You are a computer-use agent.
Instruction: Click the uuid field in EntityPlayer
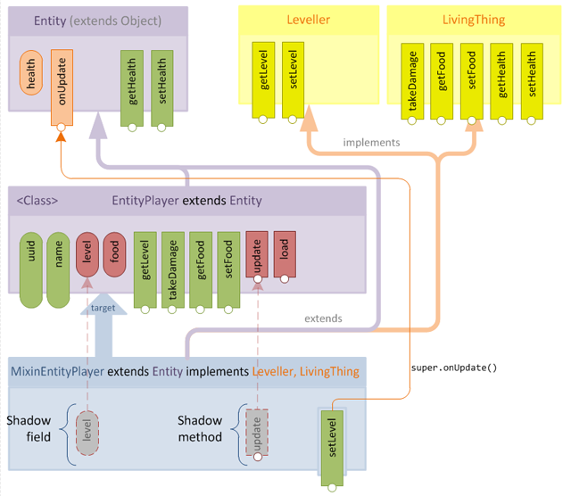tap(30, 269)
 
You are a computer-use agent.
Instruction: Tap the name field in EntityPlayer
tap(58, 269)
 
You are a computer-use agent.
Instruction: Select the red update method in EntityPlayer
tap(256, 256)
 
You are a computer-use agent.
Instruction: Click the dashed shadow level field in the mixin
tap(87, 433)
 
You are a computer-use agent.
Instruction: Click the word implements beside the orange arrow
tap(371, 142)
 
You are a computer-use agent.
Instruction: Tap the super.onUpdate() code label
tap(453, 368)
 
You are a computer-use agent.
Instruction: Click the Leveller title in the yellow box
tap(308, 20)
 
